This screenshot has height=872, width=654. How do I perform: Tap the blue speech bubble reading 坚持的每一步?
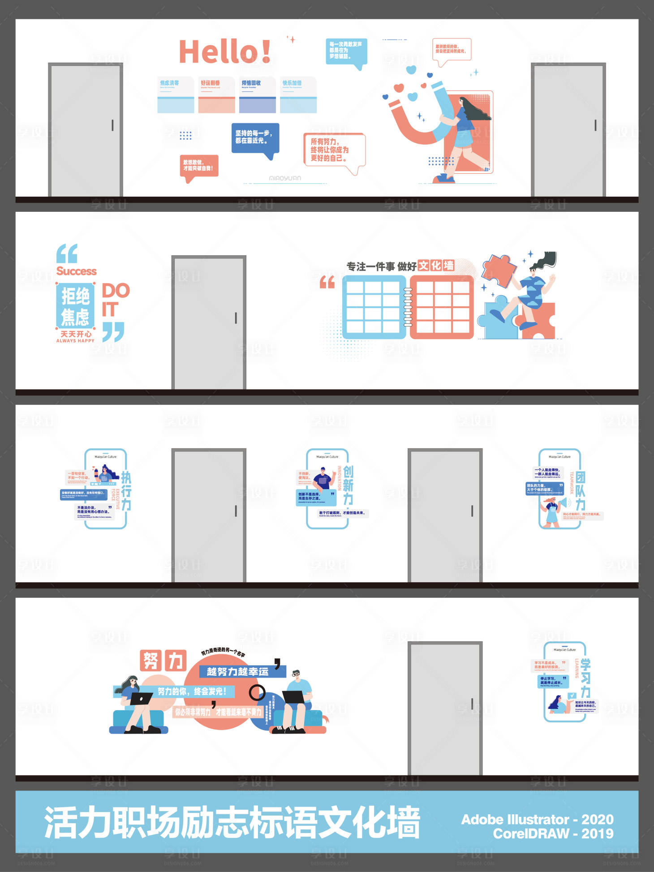254,137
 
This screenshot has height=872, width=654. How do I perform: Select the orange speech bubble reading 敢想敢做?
198,166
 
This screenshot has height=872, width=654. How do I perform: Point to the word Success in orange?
76,271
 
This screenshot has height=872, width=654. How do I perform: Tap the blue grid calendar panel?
373,307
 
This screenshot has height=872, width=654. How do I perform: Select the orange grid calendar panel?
442,307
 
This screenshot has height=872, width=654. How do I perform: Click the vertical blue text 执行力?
126,491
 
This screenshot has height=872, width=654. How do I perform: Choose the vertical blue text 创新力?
348,485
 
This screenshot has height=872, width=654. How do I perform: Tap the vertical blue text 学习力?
585,678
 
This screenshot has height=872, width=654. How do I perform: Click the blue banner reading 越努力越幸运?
238,671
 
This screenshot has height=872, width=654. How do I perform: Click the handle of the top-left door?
112,125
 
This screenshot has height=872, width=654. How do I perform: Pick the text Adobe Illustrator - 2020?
537,819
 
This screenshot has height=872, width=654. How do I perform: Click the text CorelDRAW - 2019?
553,833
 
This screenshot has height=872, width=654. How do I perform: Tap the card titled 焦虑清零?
176,95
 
